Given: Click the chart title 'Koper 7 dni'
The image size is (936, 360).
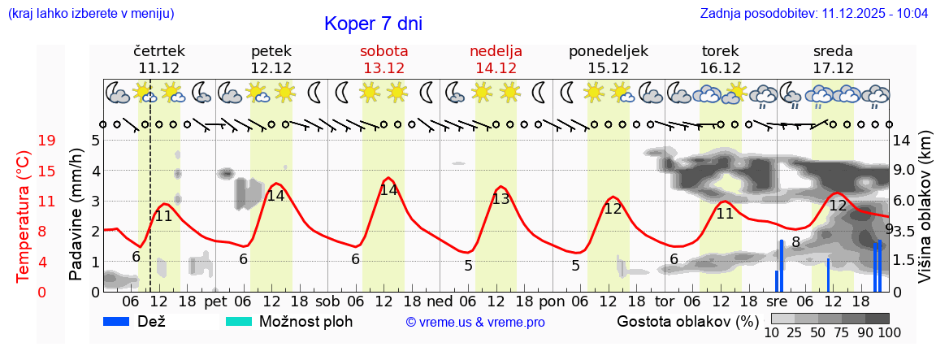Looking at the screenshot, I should (373, 24).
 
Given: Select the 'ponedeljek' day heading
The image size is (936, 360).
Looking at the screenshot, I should (609, 51).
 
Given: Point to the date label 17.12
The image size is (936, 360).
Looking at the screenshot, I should (833, 68).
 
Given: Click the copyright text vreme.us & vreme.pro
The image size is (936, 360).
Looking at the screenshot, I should (475, 323).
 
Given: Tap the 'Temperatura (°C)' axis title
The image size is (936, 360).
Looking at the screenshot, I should (24, 215).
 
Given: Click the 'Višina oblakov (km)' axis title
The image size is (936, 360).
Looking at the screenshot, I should (924, 215).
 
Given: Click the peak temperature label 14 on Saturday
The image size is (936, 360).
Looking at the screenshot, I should (389, 190).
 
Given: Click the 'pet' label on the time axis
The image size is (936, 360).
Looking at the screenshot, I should (215, 301).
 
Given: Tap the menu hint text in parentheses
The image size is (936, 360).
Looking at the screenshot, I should (90, 14).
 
